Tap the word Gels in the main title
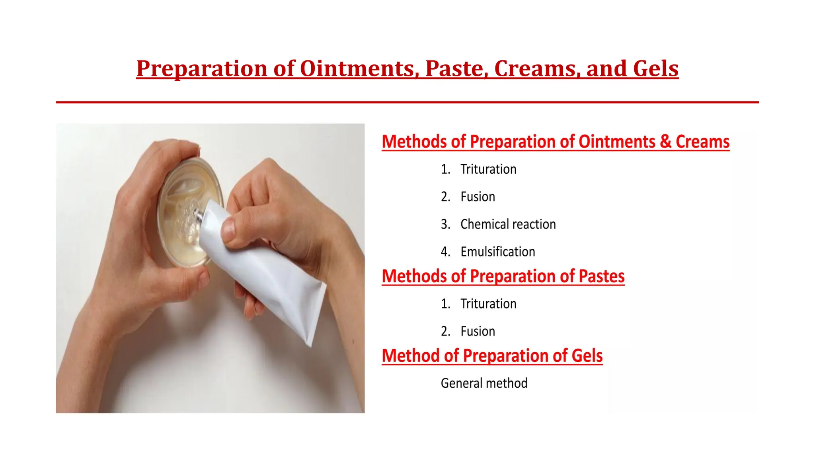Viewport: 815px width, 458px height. (x=655, y=68)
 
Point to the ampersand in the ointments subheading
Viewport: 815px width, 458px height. (x=665, y=142)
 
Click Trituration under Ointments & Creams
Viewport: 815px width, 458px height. (x=488, y=169)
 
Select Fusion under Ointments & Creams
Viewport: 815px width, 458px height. (x=478, y=197)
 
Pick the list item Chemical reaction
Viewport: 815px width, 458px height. (x=508, y=224)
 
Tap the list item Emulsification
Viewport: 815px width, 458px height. (x=497, y=252)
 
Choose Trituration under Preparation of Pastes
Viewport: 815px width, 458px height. (x=488, y=304)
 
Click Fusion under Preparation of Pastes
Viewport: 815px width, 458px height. (x=478, y=331)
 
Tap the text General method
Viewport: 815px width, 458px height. (x=484, y=383)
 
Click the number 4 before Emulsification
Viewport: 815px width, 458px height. (x=445, y=252)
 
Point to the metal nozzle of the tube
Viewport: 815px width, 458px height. (x=199, y=215)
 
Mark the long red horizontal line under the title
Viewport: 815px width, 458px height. (x=407, y=102)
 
